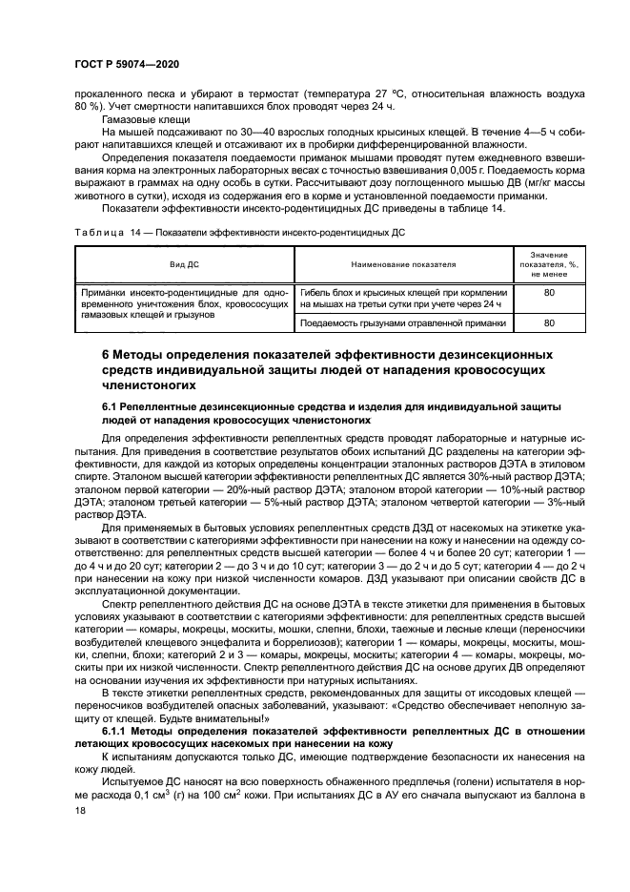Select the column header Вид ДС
[x=184, y=263]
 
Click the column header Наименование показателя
[x=403, y=263]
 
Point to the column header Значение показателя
[x=548, y=263]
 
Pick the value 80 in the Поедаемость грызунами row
[x=548, y=323]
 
